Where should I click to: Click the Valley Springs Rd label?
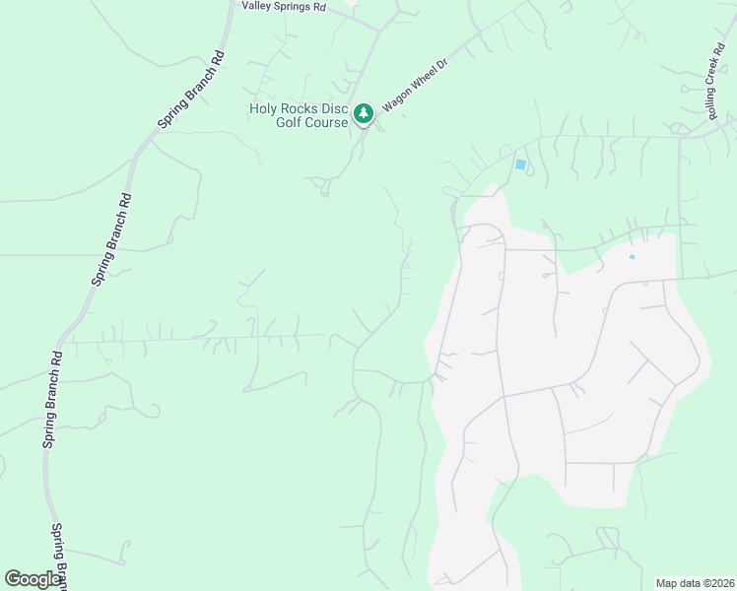284,6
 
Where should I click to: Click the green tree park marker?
364,115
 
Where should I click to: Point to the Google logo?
33,579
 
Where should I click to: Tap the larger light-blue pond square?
520,164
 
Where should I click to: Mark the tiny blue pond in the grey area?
632,257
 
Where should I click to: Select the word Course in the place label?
326,122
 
